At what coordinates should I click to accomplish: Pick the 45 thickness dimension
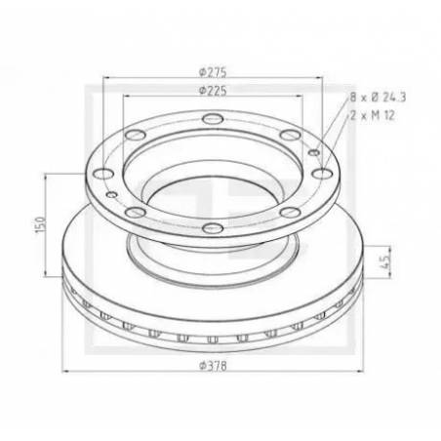pos(385,261)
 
